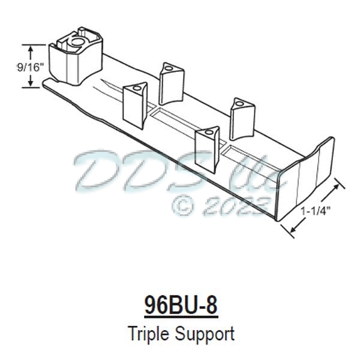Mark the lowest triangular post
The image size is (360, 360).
tap(208, 147)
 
